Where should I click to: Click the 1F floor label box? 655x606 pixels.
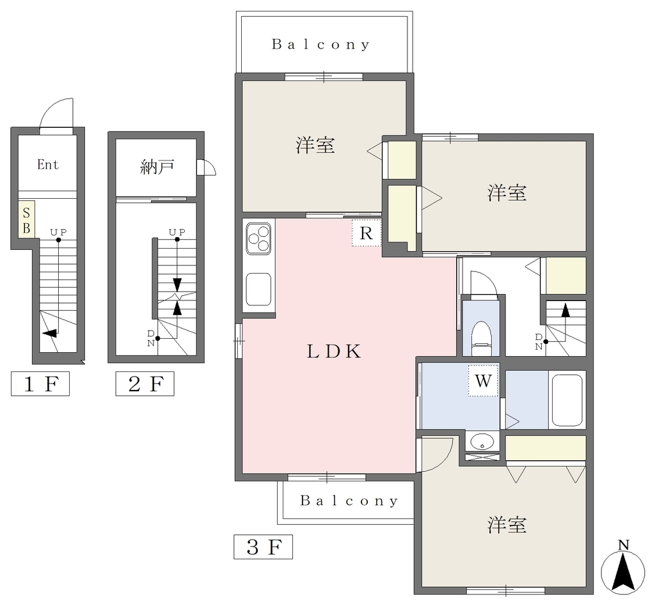[40, 384]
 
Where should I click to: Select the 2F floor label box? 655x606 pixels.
[145, 384]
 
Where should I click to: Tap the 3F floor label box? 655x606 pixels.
[263, 547]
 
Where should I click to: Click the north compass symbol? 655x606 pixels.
[623, 570]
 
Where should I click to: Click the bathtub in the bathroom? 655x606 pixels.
[567, 400]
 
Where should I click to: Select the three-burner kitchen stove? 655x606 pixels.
[259, 238]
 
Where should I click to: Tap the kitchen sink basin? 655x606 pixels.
[259, 290]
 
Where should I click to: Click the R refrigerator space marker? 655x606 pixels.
[367, 233]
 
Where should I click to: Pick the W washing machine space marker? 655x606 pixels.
[484, 380]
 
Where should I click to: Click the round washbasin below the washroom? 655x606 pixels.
[482, 441]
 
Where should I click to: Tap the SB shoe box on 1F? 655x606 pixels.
[26, 220]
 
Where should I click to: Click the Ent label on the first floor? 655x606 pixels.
[47, 164]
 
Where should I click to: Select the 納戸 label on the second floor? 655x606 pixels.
[157, 167]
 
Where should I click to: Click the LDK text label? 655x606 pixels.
[334, 352]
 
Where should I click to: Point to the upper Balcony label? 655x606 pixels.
[321, 44]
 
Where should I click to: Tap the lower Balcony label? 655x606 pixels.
[349, 501]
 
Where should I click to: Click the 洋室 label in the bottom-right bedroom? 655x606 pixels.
[507, 525]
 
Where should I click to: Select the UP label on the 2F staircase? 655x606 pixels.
[177, 231]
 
